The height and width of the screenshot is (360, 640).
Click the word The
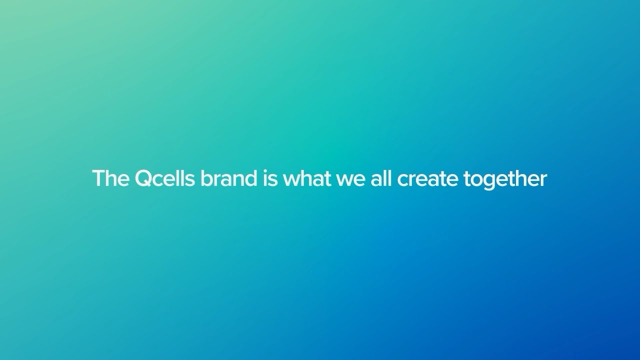(x=110, y=179)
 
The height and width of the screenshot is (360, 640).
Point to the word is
(x=269, y=179)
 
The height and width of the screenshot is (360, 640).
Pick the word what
(x=306, y=179)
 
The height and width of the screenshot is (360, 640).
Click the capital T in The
(x=98, y=178)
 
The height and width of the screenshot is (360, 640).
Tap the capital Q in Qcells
(x=144, y=179)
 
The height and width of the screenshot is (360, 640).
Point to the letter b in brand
(x=206, y=179)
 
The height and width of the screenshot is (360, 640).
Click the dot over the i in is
(x=265, y=171)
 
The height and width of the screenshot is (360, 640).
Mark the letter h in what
(x=306, y=179)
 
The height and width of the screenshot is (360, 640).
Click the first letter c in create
(x=402, y=181)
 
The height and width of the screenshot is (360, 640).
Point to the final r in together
(x=543, y=180)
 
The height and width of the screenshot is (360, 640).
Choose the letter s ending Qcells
(x=190, y=181)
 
